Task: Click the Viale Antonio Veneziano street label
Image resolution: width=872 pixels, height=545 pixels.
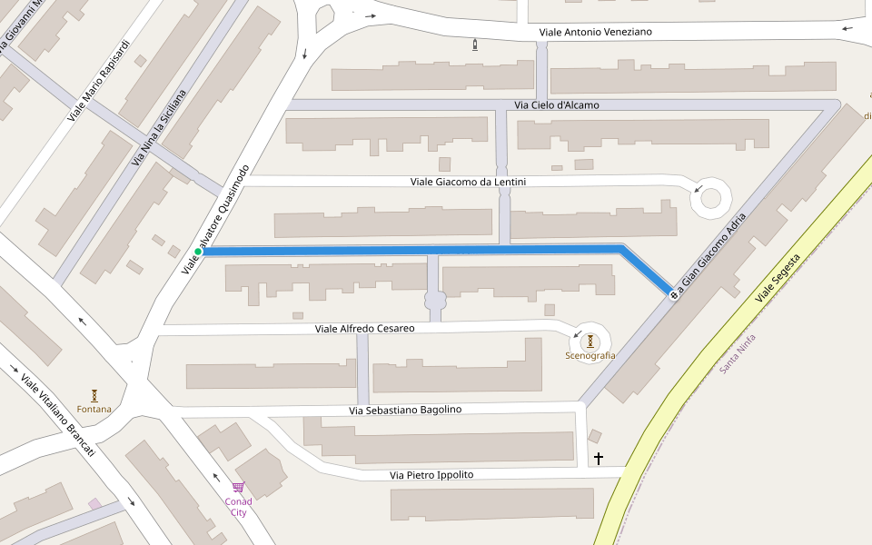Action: tap(595, 32)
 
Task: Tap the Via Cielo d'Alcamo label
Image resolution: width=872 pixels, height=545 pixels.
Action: tap(557, 105)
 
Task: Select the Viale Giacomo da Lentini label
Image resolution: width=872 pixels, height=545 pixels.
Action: tap(468, 182)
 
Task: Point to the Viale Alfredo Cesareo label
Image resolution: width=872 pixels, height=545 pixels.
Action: tap(364, 328)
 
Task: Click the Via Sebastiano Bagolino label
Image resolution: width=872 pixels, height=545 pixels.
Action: tap(405, 410)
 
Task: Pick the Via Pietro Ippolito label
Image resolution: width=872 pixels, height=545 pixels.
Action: tap(431, 475)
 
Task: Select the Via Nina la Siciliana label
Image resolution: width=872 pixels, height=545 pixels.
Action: tap(159, 127)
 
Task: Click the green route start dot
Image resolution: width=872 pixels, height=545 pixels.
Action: tap(198, 252)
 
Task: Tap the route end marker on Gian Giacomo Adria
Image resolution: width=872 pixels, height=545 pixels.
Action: tap(674, 294)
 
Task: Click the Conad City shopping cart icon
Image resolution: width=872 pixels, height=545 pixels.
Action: tap(238, 487)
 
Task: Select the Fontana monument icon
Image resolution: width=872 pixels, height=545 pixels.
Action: tap(94, 395)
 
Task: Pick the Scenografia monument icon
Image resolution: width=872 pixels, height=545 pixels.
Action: tap(590, 341)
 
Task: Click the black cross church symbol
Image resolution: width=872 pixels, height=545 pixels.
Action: tap(598, 459)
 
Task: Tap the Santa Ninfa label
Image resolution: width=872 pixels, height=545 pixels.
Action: tap(738, 353)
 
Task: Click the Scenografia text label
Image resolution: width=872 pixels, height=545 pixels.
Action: tap(590, 356)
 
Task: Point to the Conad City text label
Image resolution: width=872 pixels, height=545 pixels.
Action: tap(238, 506)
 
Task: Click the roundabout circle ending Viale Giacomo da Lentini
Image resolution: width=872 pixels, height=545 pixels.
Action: tap(711, 197)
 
